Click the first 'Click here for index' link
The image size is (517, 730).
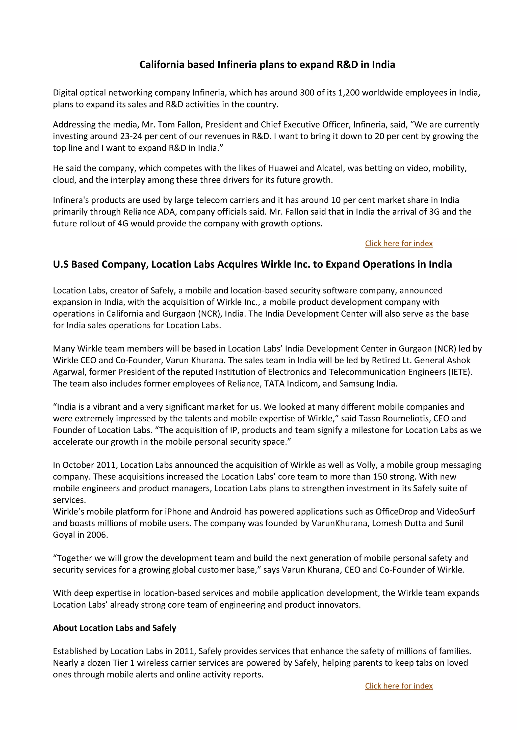point(399,244)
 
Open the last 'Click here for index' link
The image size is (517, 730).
point(399,686)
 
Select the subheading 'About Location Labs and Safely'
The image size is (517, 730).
point(114,628)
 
